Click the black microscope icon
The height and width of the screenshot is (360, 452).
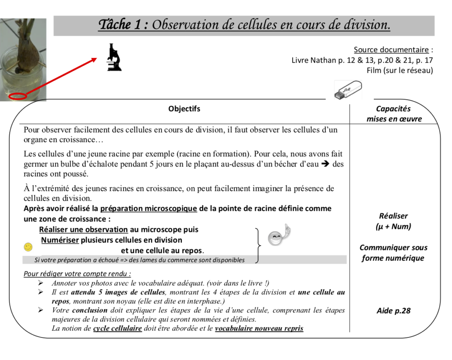[x=114, y=57]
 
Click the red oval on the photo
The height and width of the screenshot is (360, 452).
[x=18, y=95]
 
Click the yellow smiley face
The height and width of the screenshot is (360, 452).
[x=28, y=246]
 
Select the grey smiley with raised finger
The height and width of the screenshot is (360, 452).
[x=279, y=236]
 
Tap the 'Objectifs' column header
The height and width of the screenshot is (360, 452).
[x=184, y=109]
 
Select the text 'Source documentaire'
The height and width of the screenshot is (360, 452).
[x=391, y=49]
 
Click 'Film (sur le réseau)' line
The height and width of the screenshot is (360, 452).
[x=399, y=70]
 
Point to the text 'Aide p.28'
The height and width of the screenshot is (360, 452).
[x=393, y=311]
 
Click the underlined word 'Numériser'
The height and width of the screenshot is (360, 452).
[x=60, y=240]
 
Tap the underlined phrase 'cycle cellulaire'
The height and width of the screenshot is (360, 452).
[x=117, y=328]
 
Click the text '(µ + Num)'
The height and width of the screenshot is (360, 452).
[x=393, y=227]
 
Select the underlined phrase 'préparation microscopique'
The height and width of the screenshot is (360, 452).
[x=148, y=208]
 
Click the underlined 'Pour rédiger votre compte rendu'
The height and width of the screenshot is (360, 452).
[x=77, y=274]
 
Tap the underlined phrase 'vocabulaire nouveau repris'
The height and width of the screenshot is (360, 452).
[x=259, y=328]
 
